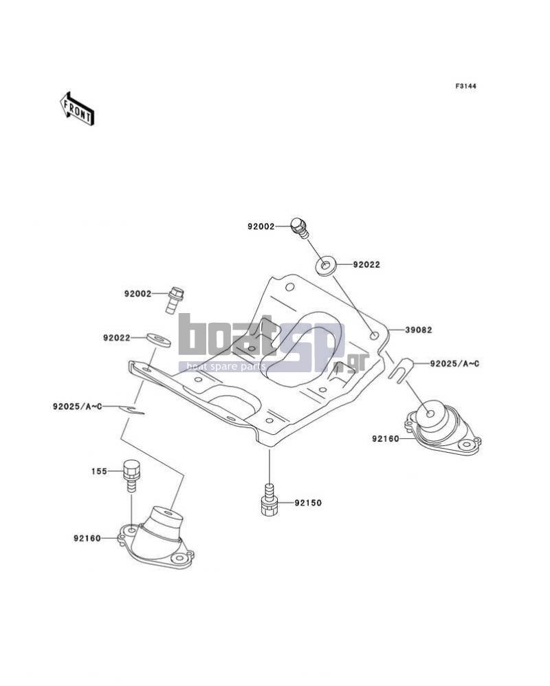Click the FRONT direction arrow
click(76, 109)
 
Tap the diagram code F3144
click(465, 86)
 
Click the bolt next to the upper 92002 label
click(300, 228)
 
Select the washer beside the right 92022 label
click(325, 266)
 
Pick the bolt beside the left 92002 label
click(175, 299)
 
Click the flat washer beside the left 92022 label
click(159, 339)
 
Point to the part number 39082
click(419, 330)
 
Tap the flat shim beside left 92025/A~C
click(131, 409)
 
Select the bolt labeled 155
click(131, 475)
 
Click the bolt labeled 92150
click(269, 500)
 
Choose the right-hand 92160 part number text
click(386, 438)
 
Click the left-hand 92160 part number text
click(87, 538)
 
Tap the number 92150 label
click(308, 503)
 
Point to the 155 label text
click(99, 471)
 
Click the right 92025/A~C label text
click(454, 363)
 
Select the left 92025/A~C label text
click(78, 407)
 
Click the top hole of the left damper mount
click(168, 511)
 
